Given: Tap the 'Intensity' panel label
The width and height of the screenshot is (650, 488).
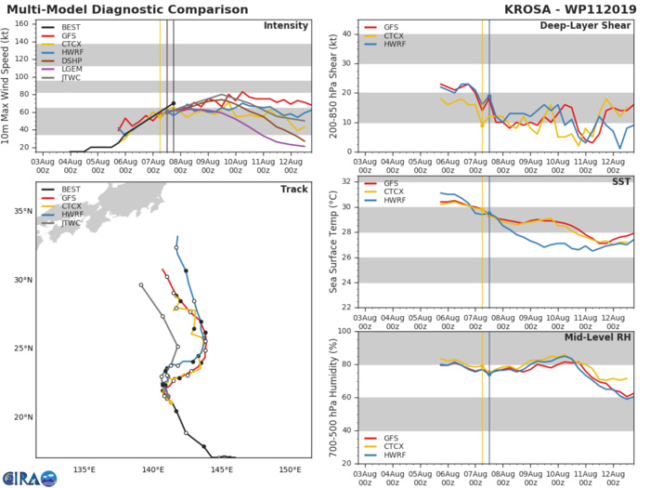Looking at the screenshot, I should click(x=285, y=25).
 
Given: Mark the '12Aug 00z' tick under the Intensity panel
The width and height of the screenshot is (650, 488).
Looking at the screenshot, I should click(x=290, y=165).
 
